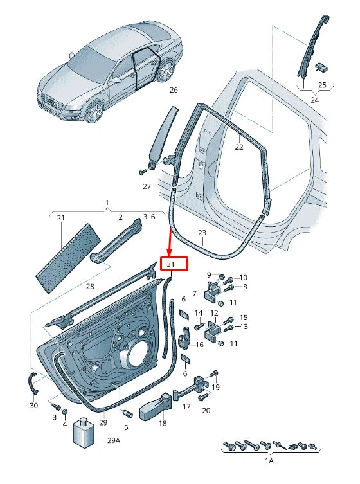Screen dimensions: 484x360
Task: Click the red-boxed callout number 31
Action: point(170,264)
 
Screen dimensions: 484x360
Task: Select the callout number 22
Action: point(239,147)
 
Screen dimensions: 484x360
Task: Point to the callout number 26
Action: point(173,91)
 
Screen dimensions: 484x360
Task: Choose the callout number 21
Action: point(60,219)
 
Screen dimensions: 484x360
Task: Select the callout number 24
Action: point(314,100)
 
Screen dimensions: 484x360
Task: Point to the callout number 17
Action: point(186,406)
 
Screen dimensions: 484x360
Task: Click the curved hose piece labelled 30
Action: point(32,383)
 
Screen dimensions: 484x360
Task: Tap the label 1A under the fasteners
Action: point(269,462)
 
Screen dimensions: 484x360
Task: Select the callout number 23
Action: point(201,233)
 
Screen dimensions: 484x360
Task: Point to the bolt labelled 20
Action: point(205,399)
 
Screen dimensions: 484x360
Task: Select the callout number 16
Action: point(199,345)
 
